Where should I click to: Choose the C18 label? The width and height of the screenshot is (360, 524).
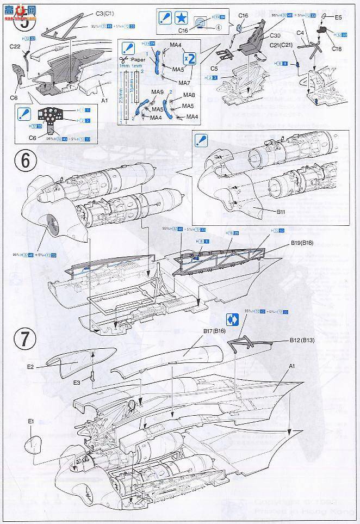point(337,50)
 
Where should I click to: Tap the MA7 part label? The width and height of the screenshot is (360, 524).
point(184,83)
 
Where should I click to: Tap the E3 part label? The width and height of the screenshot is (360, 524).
point(77,383)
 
